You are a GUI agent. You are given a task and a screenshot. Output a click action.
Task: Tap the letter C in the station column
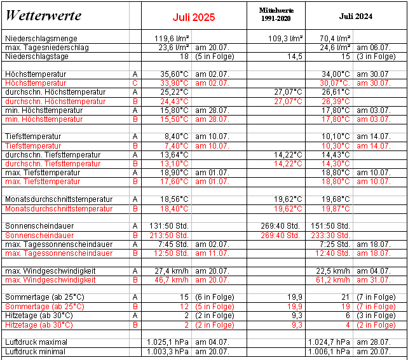click(135, 83)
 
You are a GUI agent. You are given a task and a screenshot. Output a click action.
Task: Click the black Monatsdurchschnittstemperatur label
click(58, 199)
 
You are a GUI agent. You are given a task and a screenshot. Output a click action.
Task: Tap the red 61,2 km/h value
click(333, 279)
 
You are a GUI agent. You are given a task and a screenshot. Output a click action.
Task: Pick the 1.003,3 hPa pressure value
click(169, 351)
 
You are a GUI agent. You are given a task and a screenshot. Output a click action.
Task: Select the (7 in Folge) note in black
click(377, 297)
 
